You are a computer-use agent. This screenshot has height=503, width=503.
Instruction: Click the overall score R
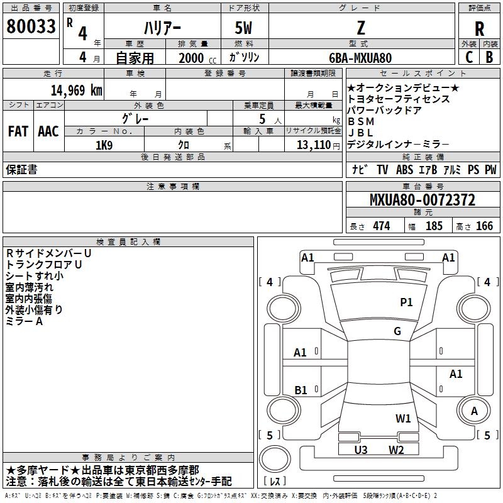pyautogui.click(x=479, y=29)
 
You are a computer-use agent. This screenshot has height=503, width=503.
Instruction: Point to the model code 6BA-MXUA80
pyautogui.click(x=360, y=57)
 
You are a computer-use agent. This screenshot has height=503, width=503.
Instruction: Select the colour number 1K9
pyautogui.click(x=104, y=145)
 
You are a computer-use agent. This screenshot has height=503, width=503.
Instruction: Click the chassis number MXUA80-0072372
pyautogui.click(x=422, y=201)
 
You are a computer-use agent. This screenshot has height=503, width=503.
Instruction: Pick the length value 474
pyautogui.click(x=380, y=226)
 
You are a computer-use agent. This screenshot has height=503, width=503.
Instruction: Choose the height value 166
pyautogui.click(x=484, y=226)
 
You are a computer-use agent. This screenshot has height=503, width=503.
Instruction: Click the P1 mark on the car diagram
pyautogui.click(x=407, y=302)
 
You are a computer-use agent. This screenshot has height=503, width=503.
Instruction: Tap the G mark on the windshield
pyautogui.click(x=397, y=331)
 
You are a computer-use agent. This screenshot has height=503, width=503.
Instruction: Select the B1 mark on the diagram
pyautogui.click(x=301, y=390)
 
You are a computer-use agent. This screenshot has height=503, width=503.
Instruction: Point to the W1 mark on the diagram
pyautogui.click(x=403, y=418)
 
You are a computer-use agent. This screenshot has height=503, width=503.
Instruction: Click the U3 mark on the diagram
pyautogui.click(x=361, y=450)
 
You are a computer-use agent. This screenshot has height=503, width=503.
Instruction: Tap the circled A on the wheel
pyautogui.click(x=475, y=412)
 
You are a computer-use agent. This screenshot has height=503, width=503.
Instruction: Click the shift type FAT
pyautogui.click(x=18, y=131)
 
